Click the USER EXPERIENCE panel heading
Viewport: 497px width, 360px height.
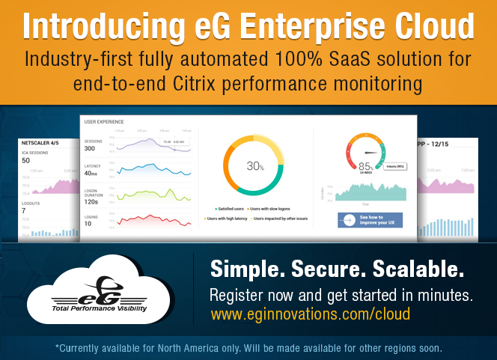click(x=104, y=121)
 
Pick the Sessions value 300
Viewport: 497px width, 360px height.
click(x=94, y=148)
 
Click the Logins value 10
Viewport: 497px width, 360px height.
click(x=88, y=223)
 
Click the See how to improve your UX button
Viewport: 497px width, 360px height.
click(x=371, y=220)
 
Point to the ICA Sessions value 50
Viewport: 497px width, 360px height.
click(x=26, y=160)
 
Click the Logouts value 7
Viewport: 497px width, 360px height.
click(x=24, y=210)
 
